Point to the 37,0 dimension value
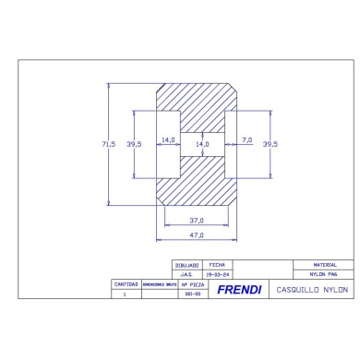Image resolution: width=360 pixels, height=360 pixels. [197, 220]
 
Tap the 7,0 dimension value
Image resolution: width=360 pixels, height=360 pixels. [246, 139]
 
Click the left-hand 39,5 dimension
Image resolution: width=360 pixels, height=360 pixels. [135, 144]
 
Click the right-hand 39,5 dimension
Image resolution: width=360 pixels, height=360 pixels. [270, 144]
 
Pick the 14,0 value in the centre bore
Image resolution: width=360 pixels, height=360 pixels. [202, 144]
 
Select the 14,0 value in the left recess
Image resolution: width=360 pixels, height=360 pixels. [168, 139]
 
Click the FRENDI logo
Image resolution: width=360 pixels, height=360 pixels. [239, 290]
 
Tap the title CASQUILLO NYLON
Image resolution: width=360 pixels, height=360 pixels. [309, 290]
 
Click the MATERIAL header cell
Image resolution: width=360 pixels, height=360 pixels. [320, 265]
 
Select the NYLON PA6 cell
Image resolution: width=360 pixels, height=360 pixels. [320, 274]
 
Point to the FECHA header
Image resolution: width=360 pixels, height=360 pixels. [217, 265]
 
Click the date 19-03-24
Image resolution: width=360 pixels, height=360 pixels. [217, 274]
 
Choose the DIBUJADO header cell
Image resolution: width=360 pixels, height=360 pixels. [186, 265]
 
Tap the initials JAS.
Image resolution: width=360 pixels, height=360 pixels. [186, 274]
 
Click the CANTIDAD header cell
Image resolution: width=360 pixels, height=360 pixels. [125, 284]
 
